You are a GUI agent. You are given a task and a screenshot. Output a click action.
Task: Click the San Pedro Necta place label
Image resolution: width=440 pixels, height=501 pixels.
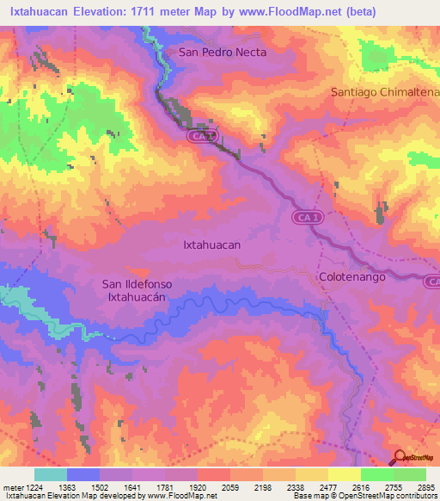pyautogui.click(x=223, y=52)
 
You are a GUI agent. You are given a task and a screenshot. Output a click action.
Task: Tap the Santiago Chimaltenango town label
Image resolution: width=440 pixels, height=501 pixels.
pyautogui.click(x=385, y=92)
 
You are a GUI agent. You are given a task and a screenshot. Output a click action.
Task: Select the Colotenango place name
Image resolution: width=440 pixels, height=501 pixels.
pyautogui.click(x=351, y=277)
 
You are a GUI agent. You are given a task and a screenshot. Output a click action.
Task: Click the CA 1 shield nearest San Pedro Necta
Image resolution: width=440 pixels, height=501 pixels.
pyautogui.click(x=201, y=136)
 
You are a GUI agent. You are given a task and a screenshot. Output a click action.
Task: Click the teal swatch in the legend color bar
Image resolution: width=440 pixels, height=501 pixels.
pyautogui.click(x=51, y=474)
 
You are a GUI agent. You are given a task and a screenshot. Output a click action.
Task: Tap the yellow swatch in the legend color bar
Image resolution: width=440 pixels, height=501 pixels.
pyautogui.click(x=344, y=474)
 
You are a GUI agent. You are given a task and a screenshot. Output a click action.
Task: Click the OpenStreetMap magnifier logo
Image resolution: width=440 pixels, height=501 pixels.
pyautogui.click(x=399, y=457)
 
